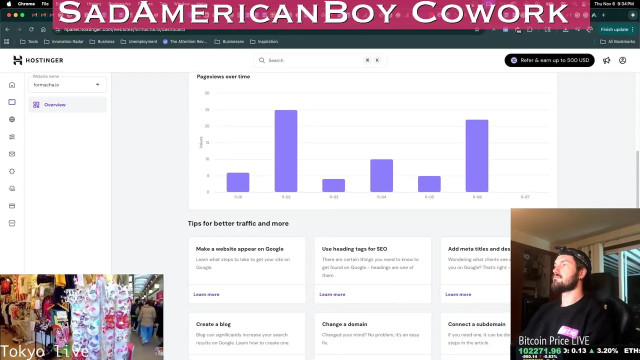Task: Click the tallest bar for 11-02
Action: [x=285, y=151]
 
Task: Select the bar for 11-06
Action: [x=476, y=156]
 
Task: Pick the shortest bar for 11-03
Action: [x=333, y=185]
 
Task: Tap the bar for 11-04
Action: [x=381, y=175]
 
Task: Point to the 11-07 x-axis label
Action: [x=524, y=197]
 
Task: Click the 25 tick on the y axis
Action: [x=207, y=109]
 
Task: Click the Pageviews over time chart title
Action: [x=223, y=76]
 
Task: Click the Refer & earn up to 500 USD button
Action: [x=549, y=60]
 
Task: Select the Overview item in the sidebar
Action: [x=55, y=105]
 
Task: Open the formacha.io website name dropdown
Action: [x=67, y=84]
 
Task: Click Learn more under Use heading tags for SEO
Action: [x=332, y=294]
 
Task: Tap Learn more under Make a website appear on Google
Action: [x=206, y=294]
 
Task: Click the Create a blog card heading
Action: [x=213, y=324]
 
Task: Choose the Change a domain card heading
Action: [x=344, y=324]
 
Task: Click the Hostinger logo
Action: [x=38, y=60]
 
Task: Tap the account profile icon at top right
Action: [x=622, y=60]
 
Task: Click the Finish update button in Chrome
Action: [x=614, y=29]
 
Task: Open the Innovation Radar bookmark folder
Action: [x=64, y=41]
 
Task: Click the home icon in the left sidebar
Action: [x=12, y=85]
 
